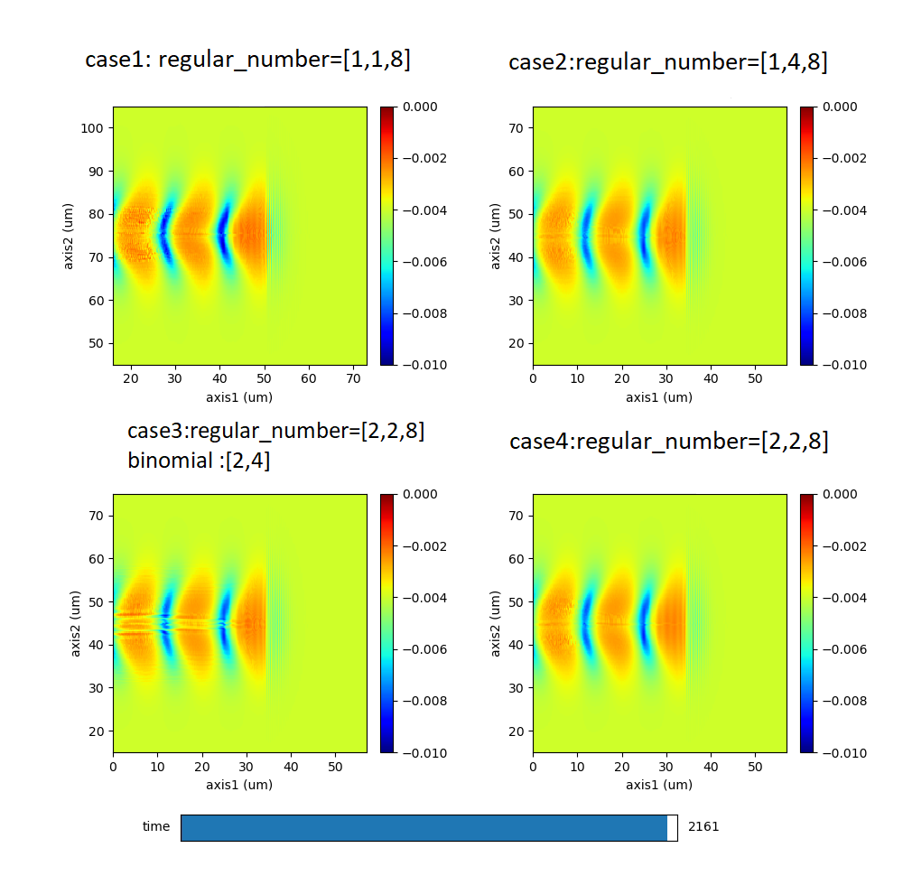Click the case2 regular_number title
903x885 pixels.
(x=667, y=62)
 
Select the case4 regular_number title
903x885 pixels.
(x=668, y=442)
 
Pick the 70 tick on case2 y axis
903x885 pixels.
(x=519, y=128)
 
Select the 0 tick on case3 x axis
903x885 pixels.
(x=113, y=767)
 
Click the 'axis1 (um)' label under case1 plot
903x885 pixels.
(x=239, y=396)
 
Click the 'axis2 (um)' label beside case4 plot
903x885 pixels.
(x=496, y=623)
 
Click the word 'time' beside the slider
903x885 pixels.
(x=156, y=826)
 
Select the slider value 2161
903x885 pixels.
(x=703, y=826)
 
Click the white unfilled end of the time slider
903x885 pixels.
(x=673, y=828)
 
